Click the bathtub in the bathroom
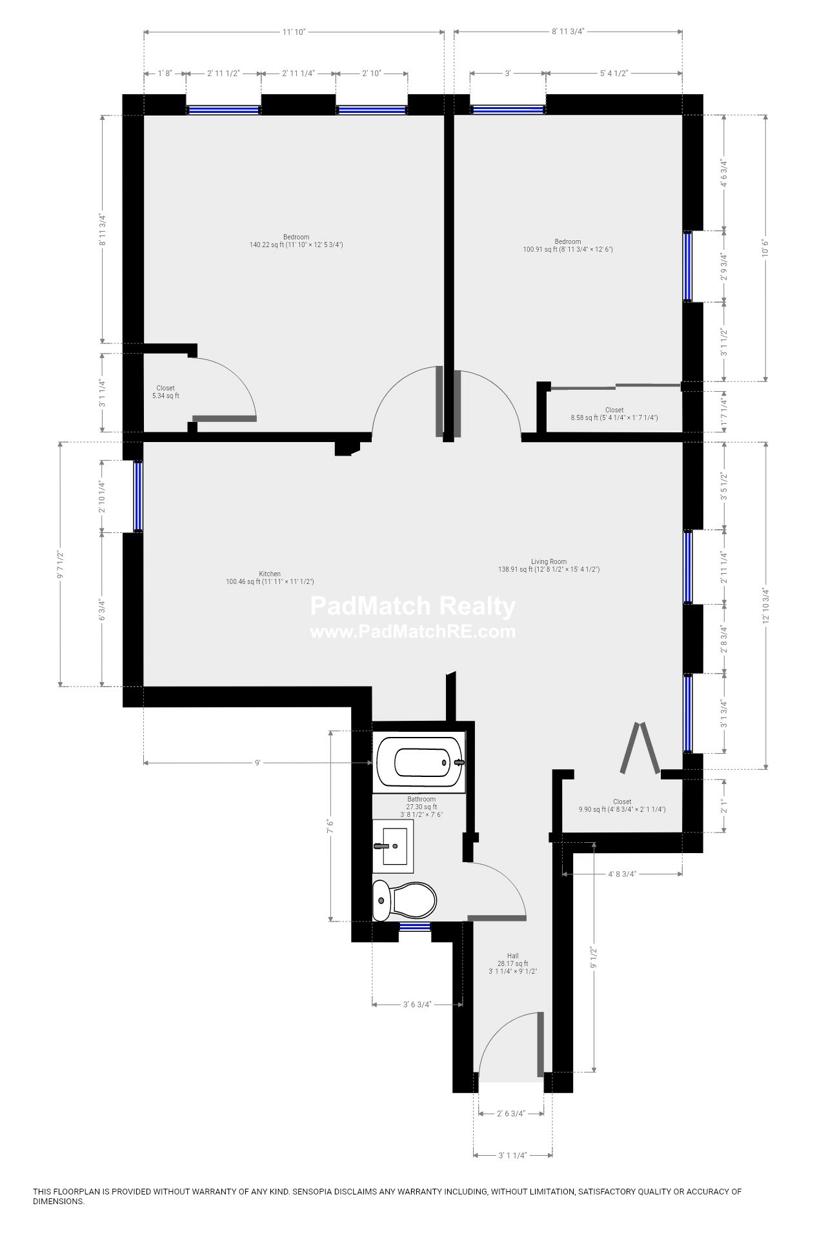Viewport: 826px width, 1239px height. click(419, 763)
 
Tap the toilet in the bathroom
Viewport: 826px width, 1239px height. click(405, 900)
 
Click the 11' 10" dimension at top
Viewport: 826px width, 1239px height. click(292, 32)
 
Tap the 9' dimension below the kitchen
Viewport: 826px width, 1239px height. click(257, 763)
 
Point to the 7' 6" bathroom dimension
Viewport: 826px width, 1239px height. click(330, 827)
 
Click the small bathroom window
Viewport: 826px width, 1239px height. click(414, 927)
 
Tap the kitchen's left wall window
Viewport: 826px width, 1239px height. click(138, 496)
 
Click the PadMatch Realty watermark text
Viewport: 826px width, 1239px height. click(413, 607)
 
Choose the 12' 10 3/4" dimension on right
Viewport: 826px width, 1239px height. click(766, 605)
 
